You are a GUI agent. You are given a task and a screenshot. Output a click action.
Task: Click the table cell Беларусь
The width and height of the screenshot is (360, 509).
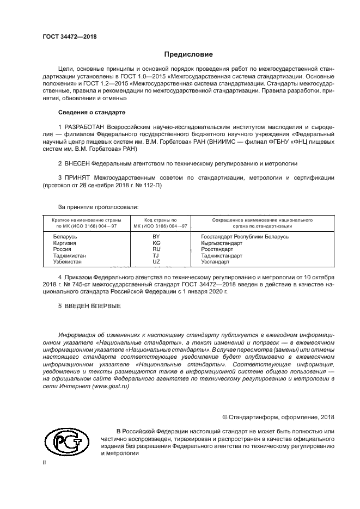pyautogui.click(x=65, y=237)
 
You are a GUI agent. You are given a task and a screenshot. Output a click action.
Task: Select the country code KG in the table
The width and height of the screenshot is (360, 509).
pyautogui.click(x=156, y=243)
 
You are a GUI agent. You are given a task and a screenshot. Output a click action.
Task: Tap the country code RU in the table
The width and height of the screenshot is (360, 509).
pyautogui.click(x=156, y=249)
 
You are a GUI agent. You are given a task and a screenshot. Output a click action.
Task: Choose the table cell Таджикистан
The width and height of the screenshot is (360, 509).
pyautogui.click(x=69, y=255)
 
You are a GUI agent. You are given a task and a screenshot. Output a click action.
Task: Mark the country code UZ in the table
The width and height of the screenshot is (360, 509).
pyautogui.click(x=156, y=262)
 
